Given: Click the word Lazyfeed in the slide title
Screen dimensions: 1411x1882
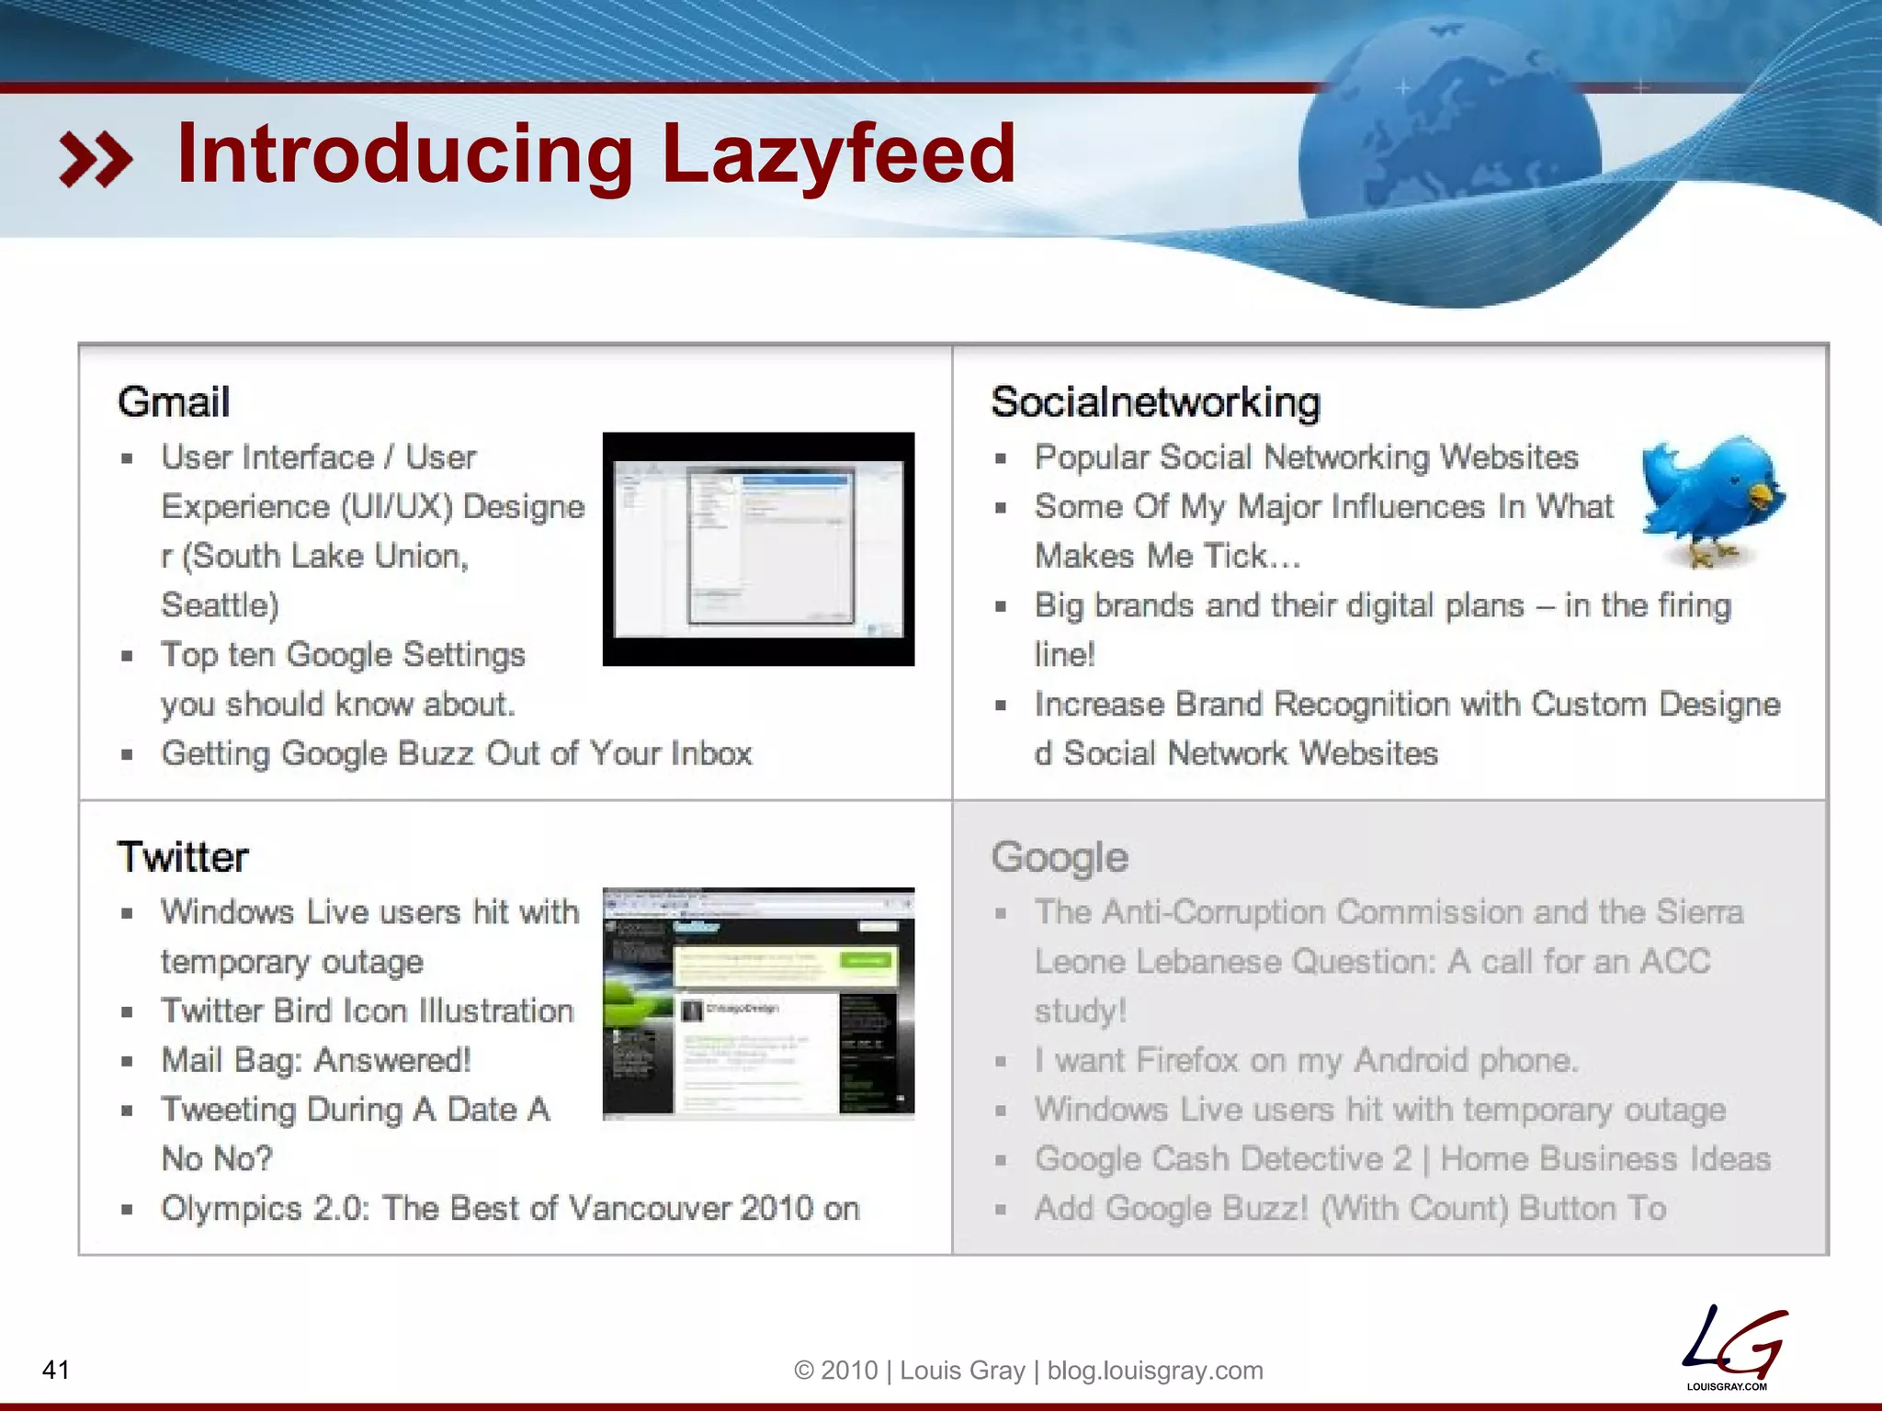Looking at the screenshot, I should (x=838, y=154).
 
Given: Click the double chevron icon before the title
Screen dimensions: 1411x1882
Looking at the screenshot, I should (x=96, y=159).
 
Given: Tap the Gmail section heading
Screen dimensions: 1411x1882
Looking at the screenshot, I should (x=174, y=402).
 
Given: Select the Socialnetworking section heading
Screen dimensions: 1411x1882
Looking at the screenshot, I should (x=1156, y=402).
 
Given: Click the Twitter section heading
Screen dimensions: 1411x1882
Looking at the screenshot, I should (x=183, y=857).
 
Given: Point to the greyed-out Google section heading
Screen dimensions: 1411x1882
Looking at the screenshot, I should (x=1060, y=857).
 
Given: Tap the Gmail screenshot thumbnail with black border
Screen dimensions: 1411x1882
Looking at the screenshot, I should (x=758, y=548).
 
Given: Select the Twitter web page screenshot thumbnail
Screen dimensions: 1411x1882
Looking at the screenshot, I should (x=758, y=1003).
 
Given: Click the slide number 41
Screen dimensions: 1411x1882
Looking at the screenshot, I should (x=56, y=1370).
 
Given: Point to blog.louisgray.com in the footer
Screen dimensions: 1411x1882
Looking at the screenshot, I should (x=1155, y=1371).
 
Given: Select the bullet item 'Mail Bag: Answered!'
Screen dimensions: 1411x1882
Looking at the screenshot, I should (x=316, y=1060).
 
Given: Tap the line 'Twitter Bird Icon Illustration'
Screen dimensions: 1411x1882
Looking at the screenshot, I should (x=368, y=1010).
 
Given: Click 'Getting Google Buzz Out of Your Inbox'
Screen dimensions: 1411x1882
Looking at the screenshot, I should (x=457, y=753).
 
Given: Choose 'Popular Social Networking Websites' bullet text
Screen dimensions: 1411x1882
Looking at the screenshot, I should (x=1306, y=457).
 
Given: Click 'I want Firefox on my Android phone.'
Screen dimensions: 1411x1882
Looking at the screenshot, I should (x=1306, y=1060).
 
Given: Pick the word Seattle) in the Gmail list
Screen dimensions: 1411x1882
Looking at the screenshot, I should (x=221, y=605).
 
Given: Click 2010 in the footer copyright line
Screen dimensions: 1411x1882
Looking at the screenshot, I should (x=849, y=1371).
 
